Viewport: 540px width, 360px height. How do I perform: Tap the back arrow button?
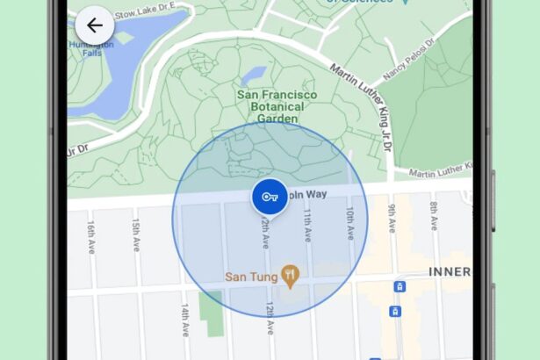tap(95, 25)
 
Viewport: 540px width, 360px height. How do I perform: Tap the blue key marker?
tap(270, 198)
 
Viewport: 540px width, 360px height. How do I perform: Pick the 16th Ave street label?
tap(91, 237)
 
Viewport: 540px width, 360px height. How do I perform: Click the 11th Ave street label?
tap(307, 225)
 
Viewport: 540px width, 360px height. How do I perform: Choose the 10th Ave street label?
tap(349, 225)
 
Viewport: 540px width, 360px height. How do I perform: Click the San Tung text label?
tap(251, 276)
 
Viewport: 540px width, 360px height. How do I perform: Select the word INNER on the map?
tap(449, 272)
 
